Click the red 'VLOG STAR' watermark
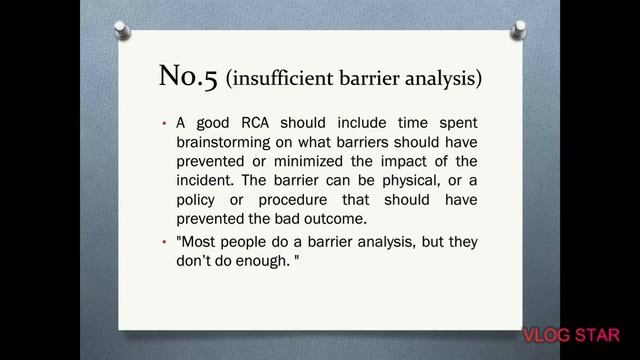tap(571, 333)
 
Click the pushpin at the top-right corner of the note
tap(519, 30)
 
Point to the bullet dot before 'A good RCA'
tap(164, 124)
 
